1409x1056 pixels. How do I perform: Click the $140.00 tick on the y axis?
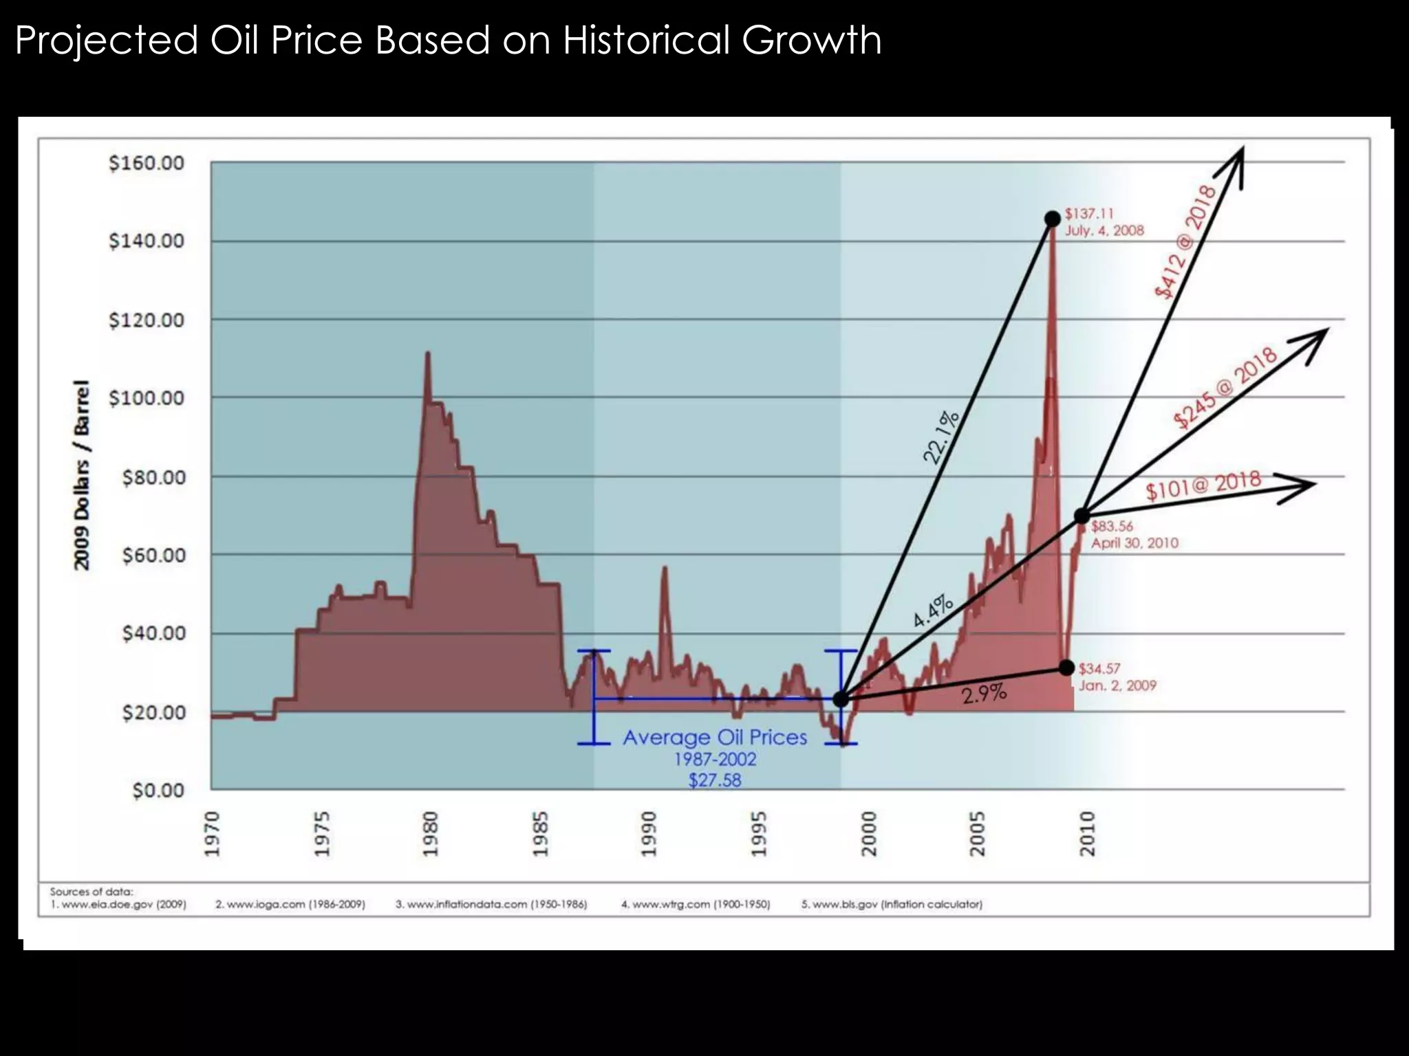tap(146, 241)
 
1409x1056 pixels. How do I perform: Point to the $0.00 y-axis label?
tap(158, 791)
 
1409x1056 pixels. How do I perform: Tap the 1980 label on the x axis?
tap(430, 833)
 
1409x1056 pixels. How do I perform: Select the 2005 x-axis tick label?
tap(977, 833)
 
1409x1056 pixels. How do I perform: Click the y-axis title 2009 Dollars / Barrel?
tap(82, 474)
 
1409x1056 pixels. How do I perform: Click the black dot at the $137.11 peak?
tap(1052, 219)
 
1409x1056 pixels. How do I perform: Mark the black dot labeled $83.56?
tap(1082, 516)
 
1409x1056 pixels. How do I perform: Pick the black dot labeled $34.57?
tap(1066, 668)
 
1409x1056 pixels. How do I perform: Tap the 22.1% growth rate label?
tap(941, 437)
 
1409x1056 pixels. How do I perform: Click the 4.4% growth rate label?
tap(933, 611)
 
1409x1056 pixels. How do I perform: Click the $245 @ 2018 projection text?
tap(1225, 389)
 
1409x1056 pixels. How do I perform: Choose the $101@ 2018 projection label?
tap(1203, 485)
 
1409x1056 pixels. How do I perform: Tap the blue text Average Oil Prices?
tap(715, 738)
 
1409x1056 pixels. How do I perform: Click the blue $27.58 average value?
tap(715, 780)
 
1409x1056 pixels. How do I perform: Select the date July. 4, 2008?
tap(1104, 231)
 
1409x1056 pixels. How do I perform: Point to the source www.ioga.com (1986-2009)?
tap(290, 905)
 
